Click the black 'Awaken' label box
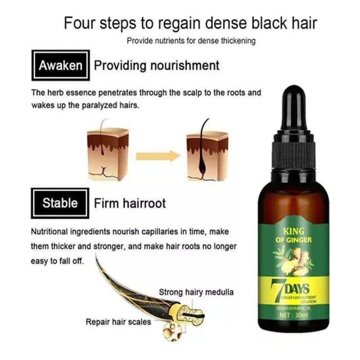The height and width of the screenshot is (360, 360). (x=60, y=66)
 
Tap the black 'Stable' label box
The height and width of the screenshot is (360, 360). (x=60, y=203)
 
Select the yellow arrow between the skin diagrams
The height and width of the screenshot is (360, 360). (x=158, y=156)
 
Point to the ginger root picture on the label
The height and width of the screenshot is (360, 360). (x=295, y=261)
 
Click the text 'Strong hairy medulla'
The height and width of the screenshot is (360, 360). (x=196, y=292)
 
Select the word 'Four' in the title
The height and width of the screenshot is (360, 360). (x=81, y=23)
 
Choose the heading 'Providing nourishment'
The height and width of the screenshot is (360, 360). (x=157, y=66)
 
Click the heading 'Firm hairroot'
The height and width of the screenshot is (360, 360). (x=130, y=203)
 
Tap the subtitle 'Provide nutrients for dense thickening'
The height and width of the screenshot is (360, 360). (x=191, y=41)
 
